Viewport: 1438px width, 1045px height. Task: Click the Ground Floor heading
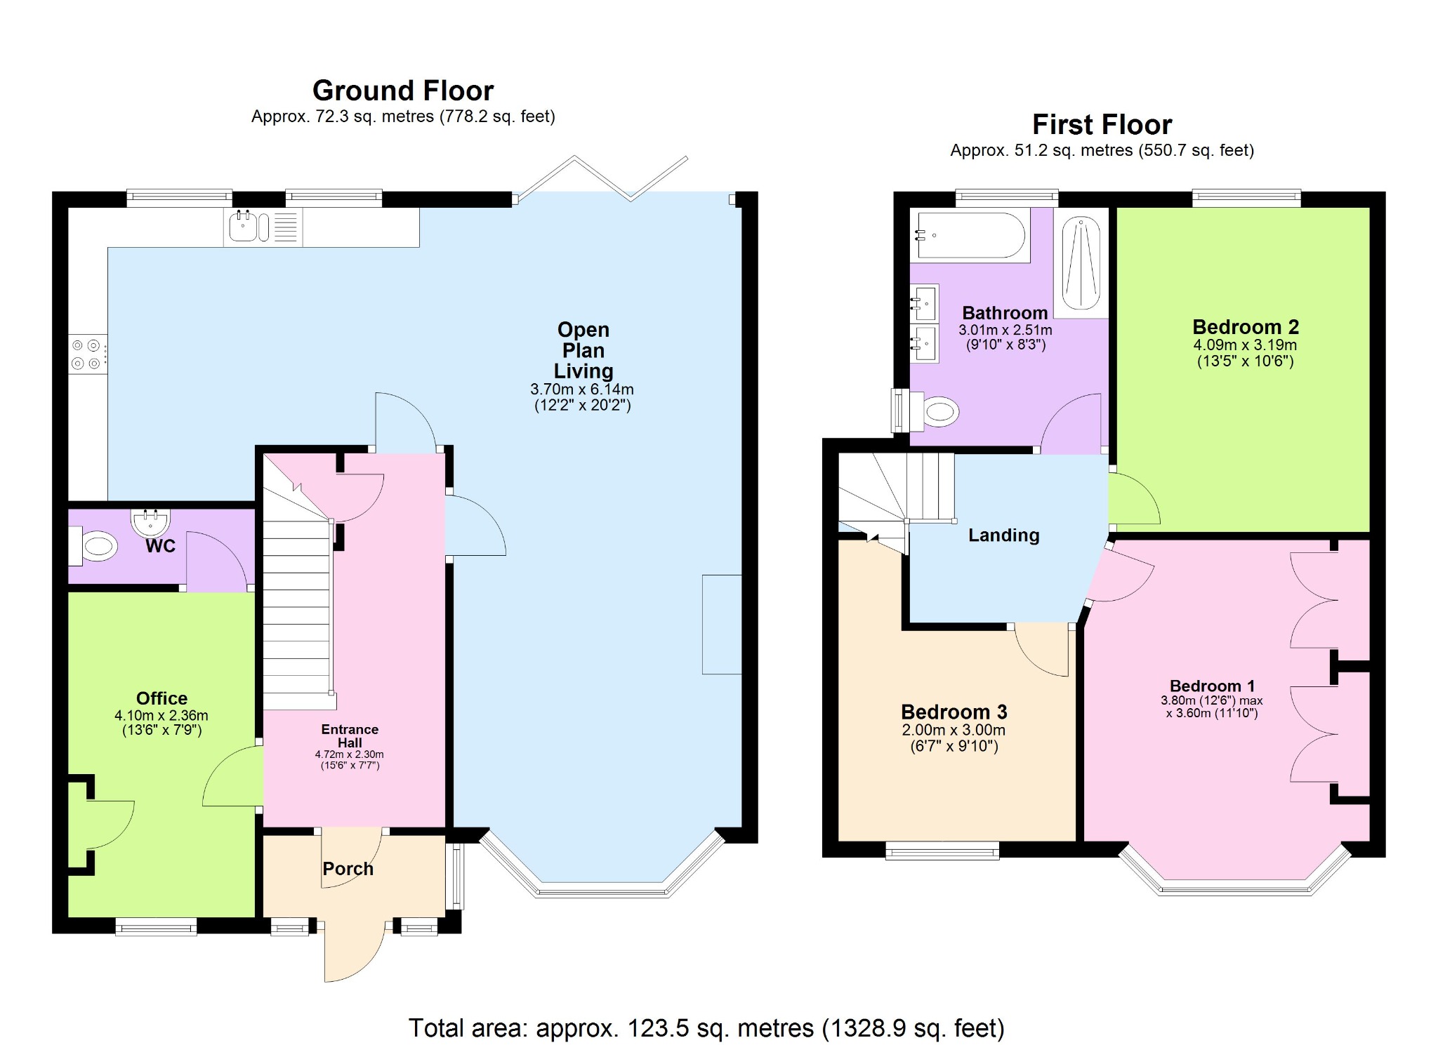click(x=402, y=91)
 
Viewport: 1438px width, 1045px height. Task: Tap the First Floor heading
click(x=1101, y=125)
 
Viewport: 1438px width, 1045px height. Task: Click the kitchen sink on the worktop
click(x=243, y=226)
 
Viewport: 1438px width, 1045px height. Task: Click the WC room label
click(x=160, y=546)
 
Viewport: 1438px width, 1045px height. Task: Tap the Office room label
click(x=161, y=698)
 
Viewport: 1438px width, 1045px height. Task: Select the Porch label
click(x=348, y=869)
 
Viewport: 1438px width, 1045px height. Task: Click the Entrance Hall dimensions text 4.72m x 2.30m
click(x=349, y=754)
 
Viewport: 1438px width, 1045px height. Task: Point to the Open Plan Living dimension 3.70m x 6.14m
click(x=582, y=389)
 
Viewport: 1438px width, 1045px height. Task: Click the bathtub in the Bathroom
click(x=970, y=235)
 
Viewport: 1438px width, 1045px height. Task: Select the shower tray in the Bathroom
click(x=1081, y=262)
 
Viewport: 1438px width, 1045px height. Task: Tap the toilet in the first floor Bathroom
click(x=937, y=411)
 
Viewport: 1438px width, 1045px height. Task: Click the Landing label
click(x=1003, y=535)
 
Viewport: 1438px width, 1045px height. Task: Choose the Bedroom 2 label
click(x=1245, y=327)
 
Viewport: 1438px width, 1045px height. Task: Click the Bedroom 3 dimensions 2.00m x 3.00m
click(x=954, y=730)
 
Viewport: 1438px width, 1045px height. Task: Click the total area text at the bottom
click(x=706, y=1028)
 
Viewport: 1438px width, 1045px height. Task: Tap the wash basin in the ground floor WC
click(x=150, y=521)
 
